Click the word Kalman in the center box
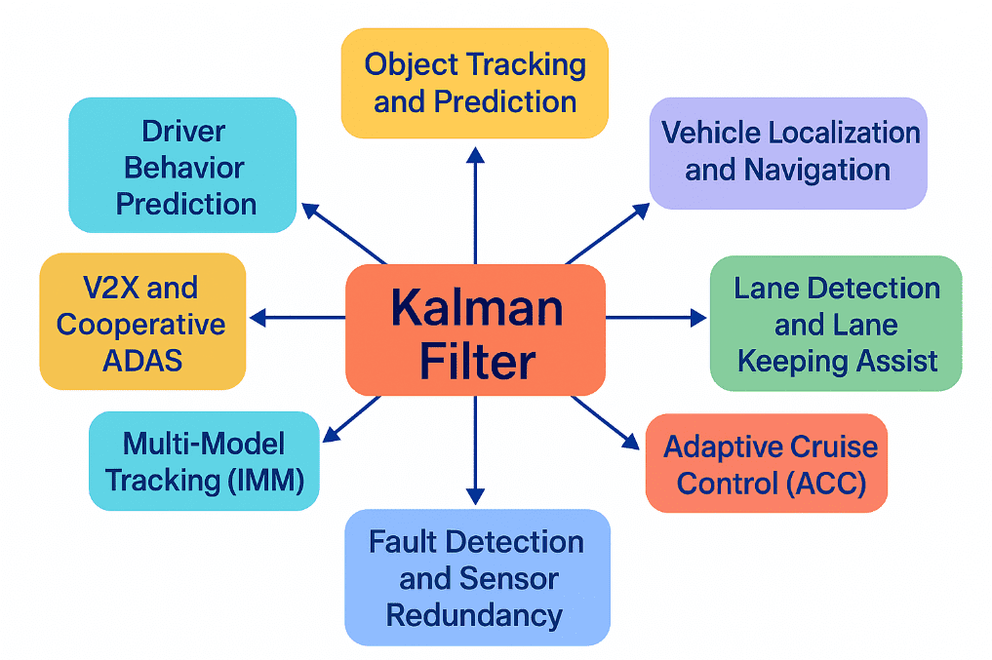point(476,308)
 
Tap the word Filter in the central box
point(476,362)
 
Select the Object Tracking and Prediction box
point(475,83)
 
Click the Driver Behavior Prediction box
point(182,166)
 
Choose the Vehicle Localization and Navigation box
point(788,152)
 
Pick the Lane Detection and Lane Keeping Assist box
point(836,324)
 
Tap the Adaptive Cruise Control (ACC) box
point(767,463)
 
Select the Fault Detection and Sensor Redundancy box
point(477,577)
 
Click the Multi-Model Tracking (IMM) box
point(204,461)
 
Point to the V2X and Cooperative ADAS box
point(142,323)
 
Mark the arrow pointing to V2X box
point(298,317)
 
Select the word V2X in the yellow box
point(108,288)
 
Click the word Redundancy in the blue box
point(474,615)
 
